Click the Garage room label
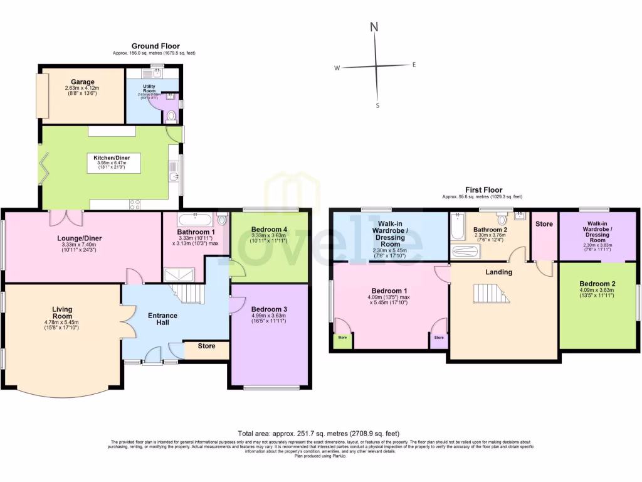82,82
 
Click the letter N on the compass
374,27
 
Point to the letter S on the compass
377,105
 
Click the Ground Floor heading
155,46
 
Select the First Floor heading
481,189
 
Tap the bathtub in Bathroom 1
194,220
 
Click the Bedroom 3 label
268,309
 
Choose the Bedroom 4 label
268,230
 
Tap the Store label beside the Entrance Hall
206,345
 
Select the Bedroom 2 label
597,284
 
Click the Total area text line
318,433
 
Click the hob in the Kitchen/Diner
135,203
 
